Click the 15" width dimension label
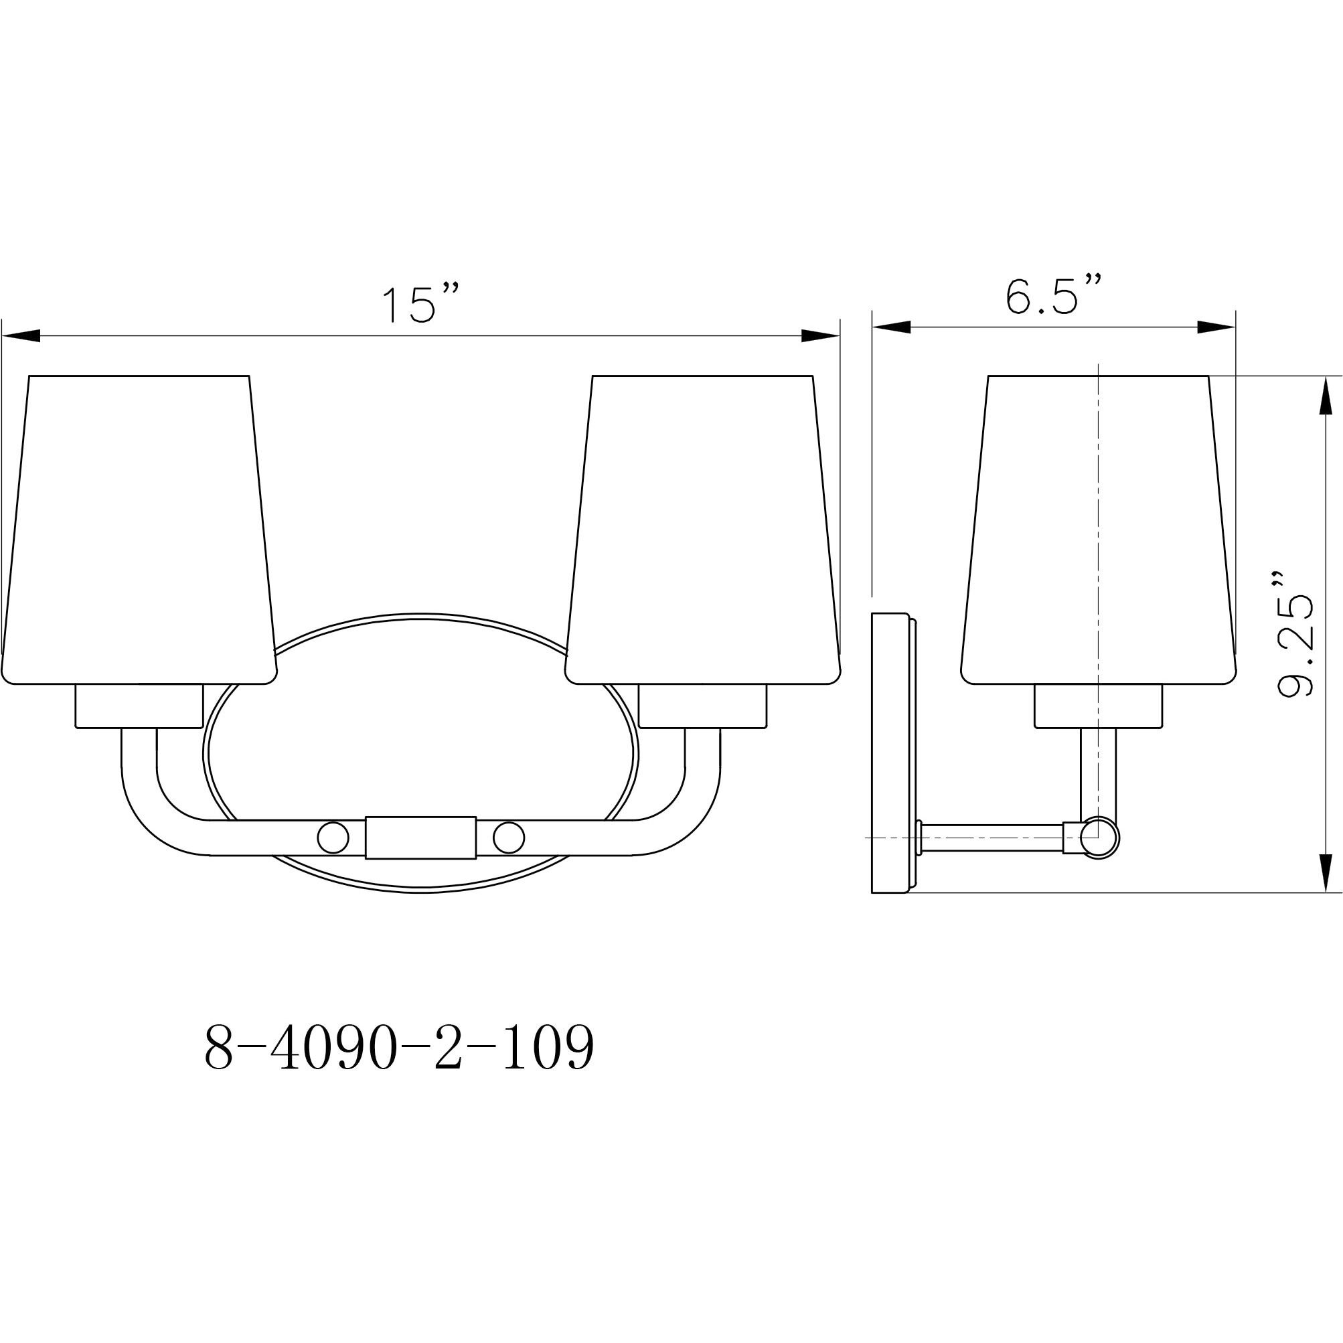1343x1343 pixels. (420, 304)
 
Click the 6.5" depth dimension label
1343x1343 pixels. (1053, 295)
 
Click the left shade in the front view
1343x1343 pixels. (139, 528)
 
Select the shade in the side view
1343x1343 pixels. (1099, 528)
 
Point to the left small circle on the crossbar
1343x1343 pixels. (332, 838)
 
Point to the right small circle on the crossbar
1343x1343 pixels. (509, 838)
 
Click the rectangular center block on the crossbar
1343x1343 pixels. (420, 838)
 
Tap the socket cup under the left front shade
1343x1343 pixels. (139, 706)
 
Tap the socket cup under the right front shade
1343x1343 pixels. (702, 706)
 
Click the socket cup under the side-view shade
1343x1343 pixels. (1099, 706)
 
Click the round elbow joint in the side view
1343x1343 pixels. (1101, 838)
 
